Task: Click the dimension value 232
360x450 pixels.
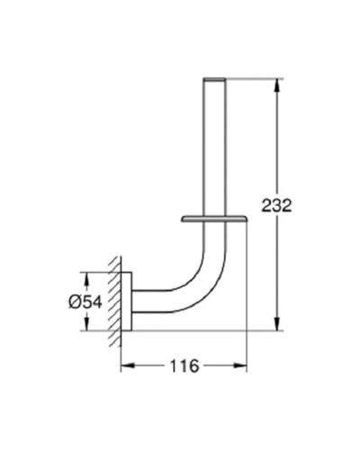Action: [x=276, y=205]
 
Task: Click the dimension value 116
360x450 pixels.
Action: [x=184, y=366]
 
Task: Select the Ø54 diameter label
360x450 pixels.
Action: [x=85, y=302]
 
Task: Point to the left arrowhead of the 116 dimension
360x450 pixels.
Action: [x=127, y=365]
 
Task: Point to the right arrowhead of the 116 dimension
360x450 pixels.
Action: [x=240, y=365]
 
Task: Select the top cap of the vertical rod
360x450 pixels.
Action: [x=214, y=79]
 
